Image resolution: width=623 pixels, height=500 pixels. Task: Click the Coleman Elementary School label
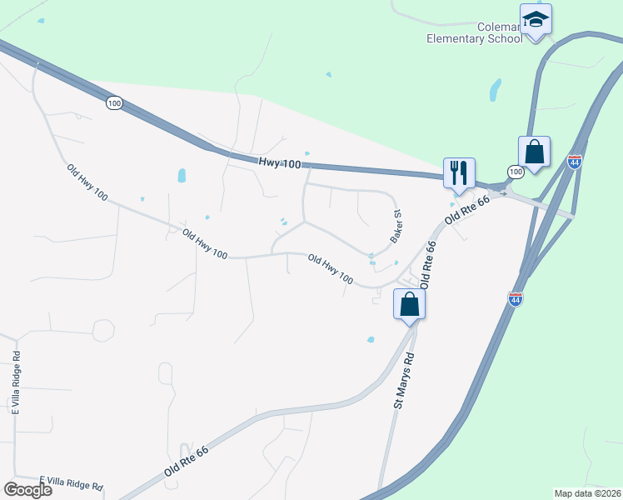coord(472,32)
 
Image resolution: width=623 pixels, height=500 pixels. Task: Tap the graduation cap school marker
coord(536,19)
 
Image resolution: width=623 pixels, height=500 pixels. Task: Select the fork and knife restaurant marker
coord(458,173)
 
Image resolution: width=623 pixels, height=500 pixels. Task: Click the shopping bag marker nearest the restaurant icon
coord(534,152)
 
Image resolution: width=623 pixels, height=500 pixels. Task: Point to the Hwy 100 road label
coord(279,165)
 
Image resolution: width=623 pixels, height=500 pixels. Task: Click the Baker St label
coord(397,227)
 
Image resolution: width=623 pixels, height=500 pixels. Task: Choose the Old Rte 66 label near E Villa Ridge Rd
coord(186,459)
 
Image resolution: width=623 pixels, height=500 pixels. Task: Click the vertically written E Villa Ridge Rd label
coord(15,382)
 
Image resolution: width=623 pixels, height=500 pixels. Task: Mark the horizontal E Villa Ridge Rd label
coord(71,484)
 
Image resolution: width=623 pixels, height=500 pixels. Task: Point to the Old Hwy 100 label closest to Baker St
coord(330,269)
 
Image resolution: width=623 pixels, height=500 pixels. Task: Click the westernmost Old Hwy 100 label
coord(87,182)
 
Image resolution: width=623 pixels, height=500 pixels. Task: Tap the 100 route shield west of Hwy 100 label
coord(115,102)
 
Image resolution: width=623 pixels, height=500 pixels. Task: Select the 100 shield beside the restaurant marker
coord(515,171)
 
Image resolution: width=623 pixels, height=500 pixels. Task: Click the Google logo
coord(27,489)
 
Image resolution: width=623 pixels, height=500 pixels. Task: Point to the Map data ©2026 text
coord(587,492)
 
